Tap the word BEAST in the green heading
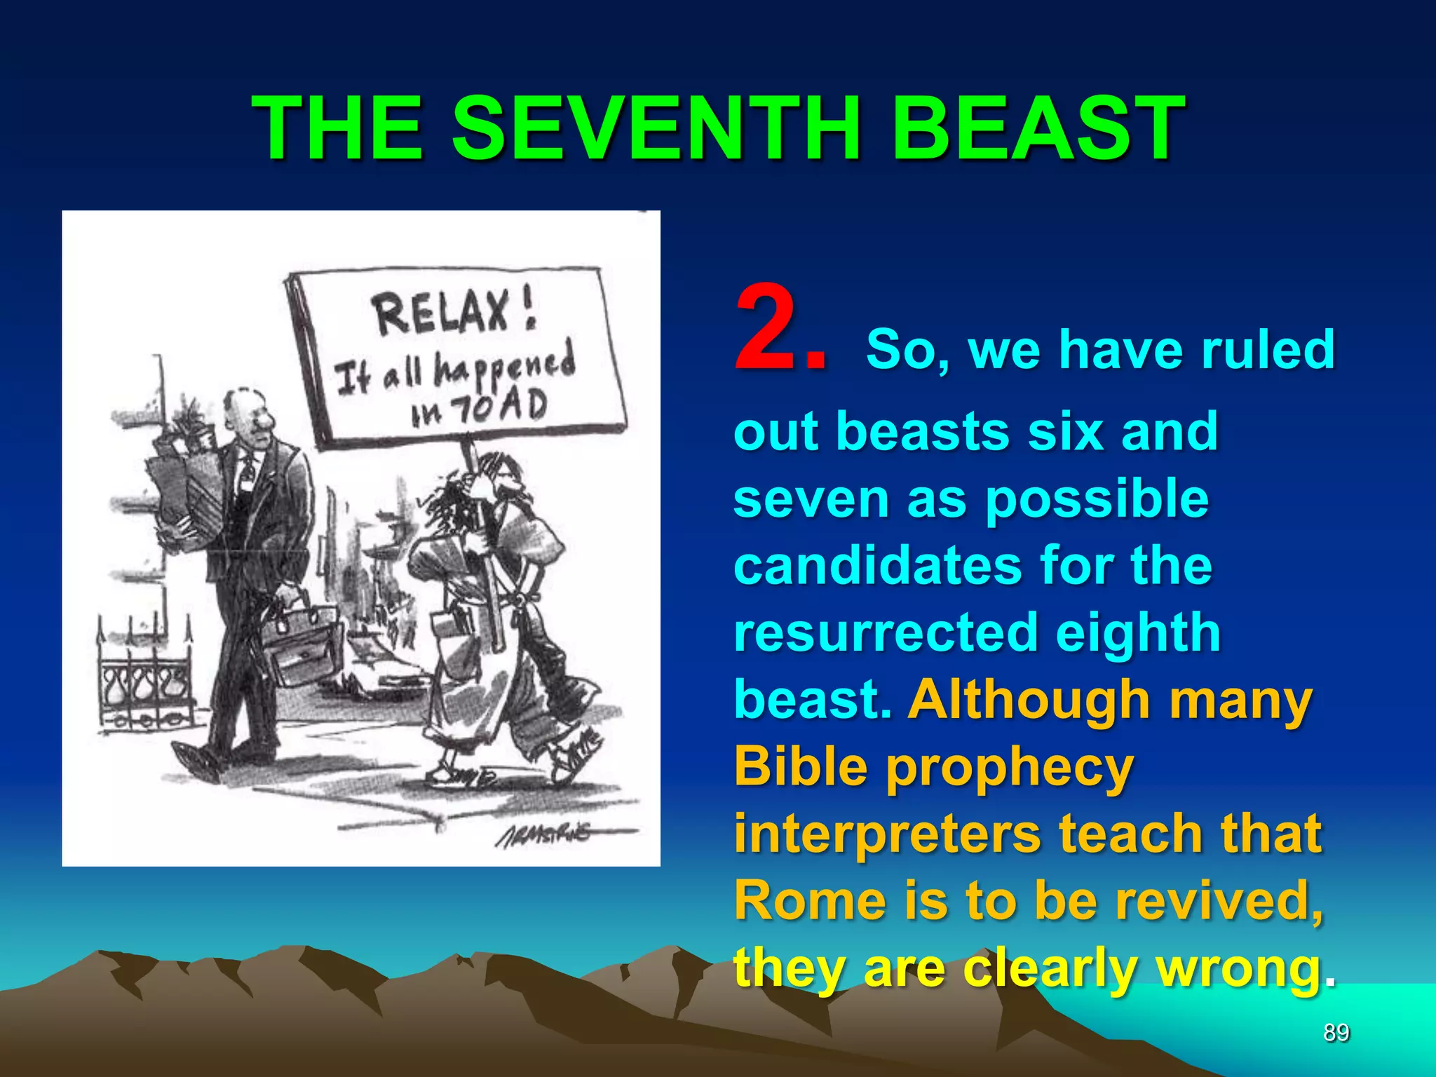[x=1038, y=130]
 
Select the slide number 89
[x=1336, y=1033]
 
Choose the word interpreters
[x=887, y=834]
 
